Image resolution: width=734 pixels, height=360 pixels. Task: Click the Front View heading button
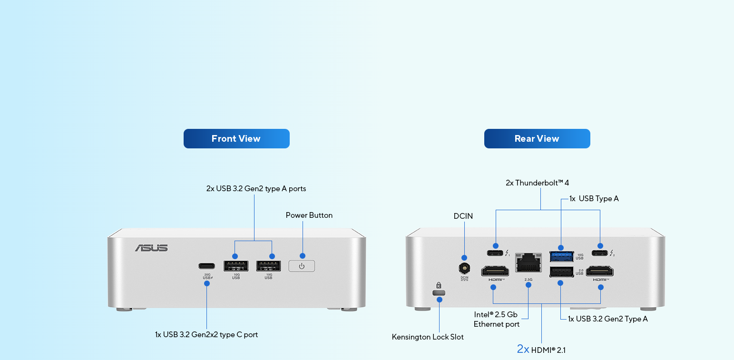point(236,138)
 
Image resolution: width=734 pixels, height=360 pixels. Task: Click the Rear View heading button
point(537,138)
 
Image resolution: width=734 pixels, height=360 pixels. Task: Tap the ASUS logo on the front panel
point(151,248)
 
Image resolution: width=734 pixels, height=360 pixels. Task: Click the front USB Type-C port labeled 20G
point(206,266)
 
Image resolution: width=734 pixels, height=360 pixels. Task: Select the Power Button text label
point(309,215)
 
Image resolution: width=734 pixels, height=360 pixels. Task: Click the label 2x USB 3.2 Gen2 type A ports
point(256,189)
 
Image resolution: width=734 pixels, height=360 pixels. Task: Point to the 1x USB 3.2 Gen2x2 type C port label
point(206,335)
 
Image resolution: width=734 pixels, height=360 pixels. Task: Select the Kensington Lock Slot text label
point(428,337)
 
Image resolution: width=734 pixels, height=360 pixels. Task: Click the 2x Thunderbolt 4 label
point(537,183)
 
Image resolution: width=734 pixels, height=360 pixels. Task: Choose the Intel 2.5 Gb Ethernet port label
point(496,320)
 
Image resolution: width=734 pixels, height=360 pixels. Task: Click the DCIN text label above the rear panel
point(463,216)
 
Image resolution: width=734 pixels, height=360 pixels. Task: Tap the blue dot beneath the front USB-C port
point(206,283)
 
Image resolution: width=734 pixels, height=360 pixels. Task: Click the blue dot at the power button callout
point(303,256)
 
